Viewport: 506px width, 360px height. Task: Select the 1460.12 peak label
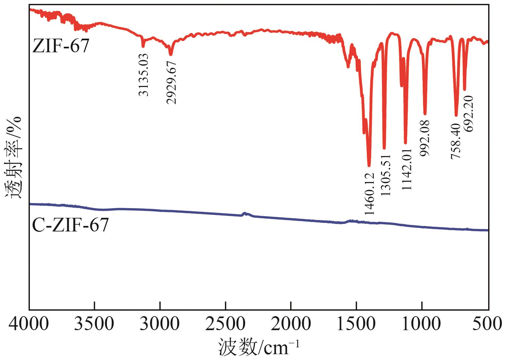tap(369, 194)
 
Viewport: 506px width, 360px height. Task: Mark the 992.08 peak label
tap(425, 138)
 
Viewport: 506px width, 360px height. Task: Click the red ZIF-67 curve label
tap(61, 46)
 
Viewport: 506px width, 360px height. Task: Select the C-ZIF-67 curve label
tap(70, 225)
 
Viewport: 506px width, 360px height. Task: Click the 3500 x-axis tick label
tap(94, 323)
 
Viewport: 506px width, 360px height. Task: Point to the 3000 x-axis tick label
tap(160, 323)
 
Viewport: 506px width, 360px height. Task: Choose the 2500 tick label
tap(225, 323)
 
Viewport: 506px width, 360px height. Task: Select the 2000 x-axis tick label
tap(291, 323)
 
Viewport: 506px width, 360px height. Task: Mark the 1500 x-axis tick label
tap(356, 323)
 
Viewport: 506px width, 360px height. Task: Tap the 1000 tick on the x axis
tap(422, 323)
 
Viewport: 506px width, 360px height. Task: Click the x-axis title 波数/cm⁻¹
tap(258, 347)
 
